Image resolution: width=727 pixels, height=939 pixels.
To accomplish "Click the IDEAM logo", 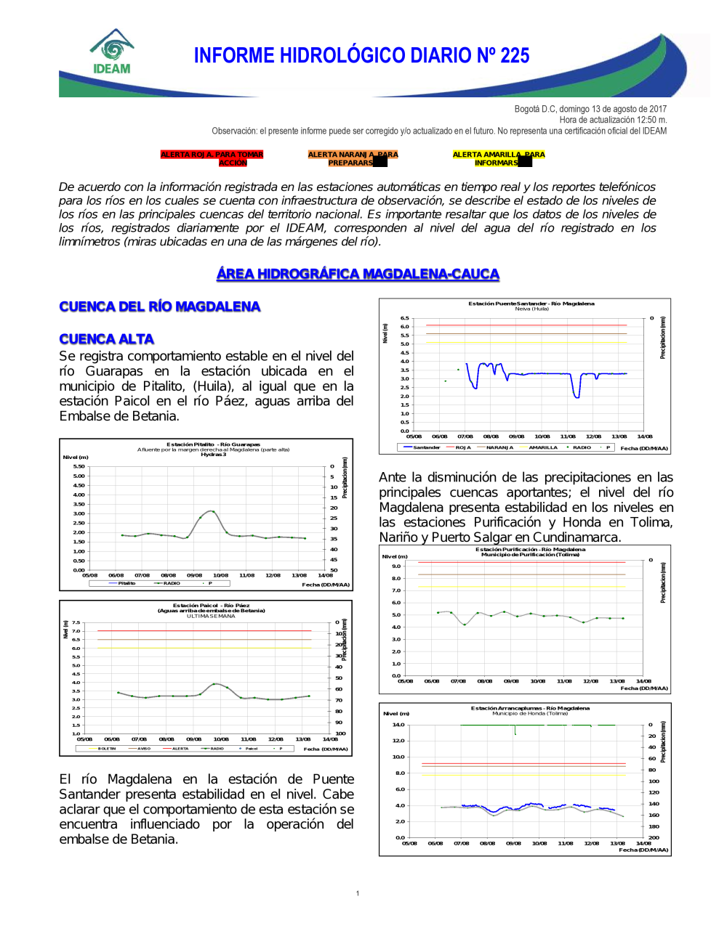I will click(x=112, y=52).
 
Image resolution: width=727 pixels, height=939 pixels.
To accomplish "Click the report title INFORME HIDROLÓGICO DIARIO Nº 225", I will click(x=361, y=56).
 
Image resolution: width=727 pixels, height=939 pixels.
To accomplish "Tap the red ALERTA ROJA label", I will click(x=212, y=158).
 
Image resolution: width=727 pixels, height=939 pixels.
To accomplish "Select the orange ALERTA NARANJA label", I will click(x=353, y=158).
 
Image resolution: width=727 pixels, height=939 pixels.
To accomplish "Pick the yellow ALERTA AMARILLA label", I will click(x=498, y=158).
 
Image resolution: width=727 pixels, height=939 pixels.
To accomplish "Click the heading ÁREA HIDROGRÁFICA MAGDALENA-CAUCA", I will click(x=358, y=274).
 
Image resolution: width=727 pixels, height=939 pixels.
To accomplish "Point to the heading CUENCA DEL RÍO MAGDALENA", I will click(x=159, y=306).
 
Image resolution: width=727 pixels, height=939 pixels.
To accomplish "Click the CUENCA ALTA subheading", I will click(x=106, y=339).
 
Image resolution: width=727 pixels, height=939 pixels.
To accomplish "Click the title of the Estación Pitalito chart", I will click(x=213, y=444).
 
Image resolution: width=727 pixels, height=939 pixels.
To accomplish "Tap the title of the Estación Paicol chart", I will click(x=211, y=605).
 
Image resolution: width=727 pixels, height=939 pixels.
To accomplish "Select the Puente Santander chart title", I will click(x=531, y=304).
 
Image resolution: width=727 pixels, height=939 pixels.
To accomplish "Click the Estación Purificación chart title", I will click(x=530, y=550).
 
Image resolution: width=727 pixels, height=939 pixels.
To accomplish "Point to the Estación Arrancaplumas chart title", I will click(x=530, y=708).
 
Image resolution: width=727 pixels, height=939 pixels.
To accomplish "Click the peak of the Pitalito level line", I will click(x=212, y=511).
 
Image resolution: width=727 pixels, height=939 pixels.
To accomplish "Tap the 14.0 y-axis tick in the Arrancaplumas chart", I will click(x=398, y=725).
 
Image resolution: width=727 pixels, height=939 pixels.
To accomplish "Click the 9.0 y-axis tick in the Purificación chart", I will click(x=396, y=566).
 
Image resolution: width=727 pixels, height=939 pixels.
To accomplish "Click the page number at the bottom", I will click(x=358, y=893).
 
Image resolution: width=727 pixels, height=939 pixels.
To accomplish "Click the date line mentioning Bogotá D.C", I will click(x=590, y=109).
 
